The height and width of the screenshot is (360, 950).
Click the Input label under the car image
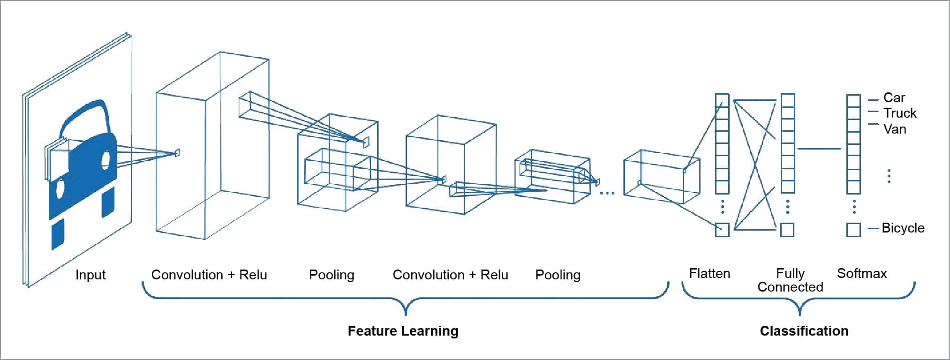pyautogui.click(x=90, y=275)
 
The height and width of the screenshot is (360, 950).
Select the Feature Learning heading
pyautogui.click(x=403, y=331)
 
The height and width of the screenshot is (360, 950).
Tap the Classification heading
pyautogui.click(x=804, y=331)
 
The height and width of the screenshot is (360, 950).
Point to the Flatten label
pyautogui.click(x=709, y=273)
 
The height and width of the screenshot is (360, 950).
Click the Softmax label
pyautogui.click(x=862, y=273)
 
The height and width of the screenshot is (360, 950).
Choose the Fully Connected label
pyautogui.click(x=790, y=280)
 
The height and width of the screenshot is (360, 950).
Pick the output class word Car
pyautogui.click(x=894, y=98)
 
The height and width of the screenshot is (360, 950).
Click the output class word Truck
pyautogui.click(x=899, y=113)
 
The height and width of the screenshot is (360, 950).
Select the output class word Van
pyautogui.click(x=894, y=129)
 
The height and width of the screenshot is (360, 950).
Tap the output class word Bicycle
pyautogui.click(x=903, y=228)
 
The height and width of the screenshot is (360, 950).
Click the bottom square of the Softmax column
pyautogui.click(x=853, y=230)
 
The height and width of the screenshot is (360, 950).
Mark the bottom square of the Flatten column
pyautogui.click(x=722, y=230)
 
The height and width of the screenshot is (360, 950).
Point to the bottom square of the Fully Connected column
pyautogui.click(x=787, y=230)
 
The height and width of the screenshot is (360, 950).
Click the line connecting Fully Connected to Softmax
pyautogui.click(x=819, y=149)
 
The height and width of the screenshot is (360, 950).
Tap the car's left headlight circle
pyautogui.click(x=60, y=188)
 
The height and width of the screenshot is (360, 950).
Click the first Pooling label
pyautogui.click(x=332, y=275)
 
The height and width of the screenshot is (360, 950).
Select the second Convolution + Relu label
pyautogui.click(x=450, y=275)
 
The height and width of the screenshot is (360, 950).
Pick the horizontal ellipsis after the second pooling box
pyautogui.click(x=607, y=193)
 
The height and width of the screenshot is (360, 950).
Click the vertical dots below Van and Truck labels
pyautogui.click(x=889, y=176)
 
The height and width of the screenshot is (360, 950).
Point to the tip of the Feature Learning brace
pyautogui.click(x=406, y=313)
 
